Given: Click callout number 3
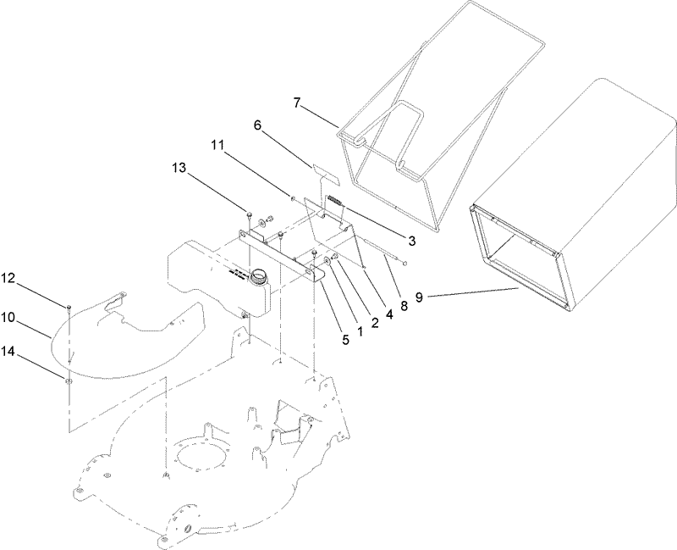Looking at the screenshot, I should (x=411, y=241).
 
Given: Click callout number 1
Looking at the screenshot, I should (x=359, y=331).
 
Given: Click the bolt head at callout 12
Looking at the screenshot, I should (x=66, y=305).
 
